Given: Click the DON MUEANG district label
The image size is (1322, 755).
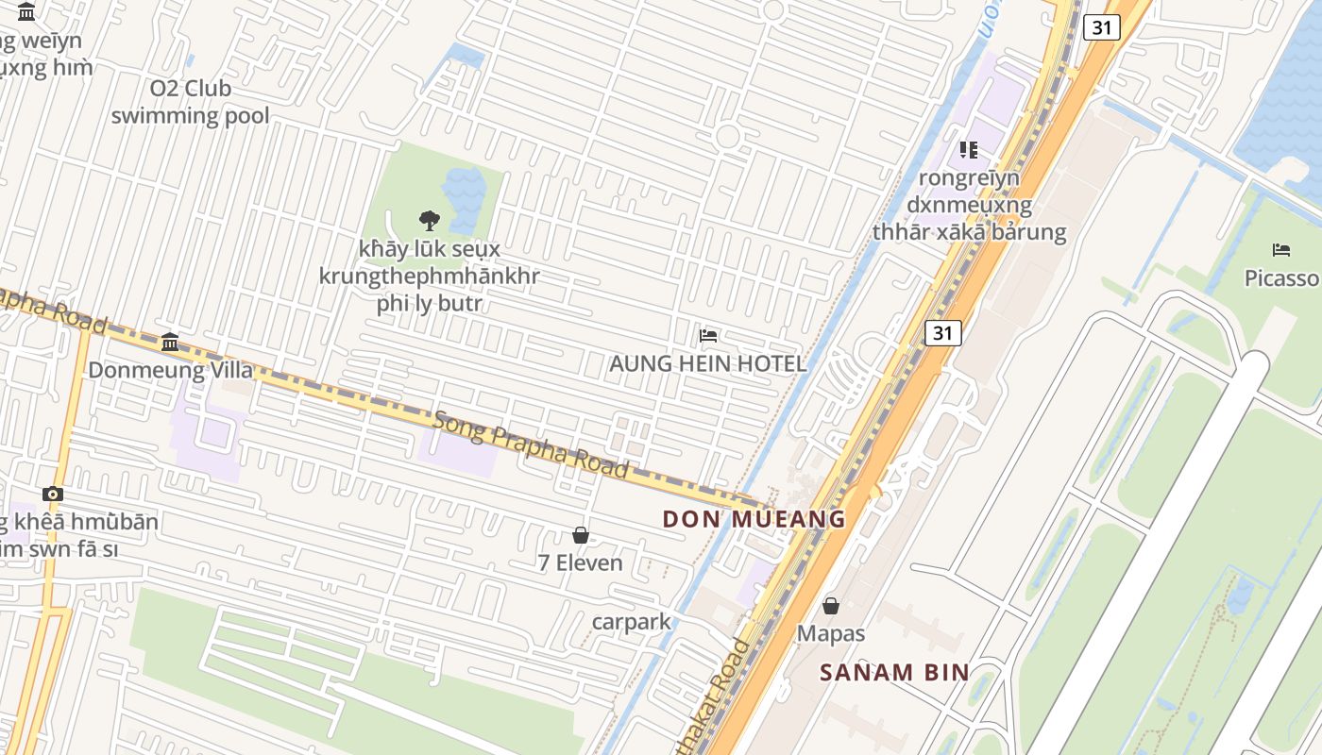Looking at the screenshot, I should pyautogui.click(x=754, y=519).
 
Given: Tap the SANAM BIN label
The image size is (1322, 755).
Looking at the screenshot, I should pyautogui.click(x=894, y=673).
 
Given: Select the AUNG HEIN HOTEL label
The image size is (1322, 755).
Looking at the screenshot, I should pyautogui.click(x=707, y=363).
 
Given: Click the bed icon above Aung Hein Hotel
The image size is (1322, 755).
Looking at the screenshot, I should pyautogui.click(x=708, y=335).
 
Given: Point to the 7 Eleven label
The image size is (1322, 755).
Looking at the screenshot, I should pyautogui.click(x=580, y=563).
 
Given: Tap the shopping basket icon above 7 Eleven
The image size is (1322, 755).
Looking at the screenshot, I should pyautogui.click(x=581, y=535).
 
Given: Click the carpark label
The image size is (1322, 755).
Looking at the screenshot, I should pyautogui.click(x=631, y=622).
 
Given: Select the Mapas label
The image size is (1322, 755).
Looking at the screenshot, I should pyautogui.click(x=831, y=633).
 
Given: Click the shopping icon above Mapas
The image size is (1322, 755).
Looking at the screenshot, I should pyautogui.click(x=831, y=605).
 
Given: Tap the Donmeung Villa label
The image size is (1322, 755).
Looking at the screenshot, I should pyautogui.click(x=159, y=370).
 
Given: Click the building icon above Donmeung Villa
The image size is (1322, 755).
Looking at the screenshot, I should pyautogui.click(x=170, y=341).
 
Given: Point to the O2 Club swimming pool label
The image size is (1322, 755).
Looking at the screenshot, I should pyautogui.click(x=190, y=102).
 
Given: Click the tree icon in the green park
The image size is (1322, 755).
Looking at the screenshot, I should pyautogui.click(x=430, y=221).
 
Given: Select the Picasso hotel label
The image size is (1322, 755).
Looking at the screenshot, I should pyautogui.click(x=1281, y=278).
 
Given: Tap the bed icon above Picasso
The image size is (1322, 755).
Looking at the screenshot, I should pyautogui.click(x=1281, y=250).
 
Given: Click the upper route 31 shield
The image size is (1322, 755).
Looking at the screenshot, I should pyautogui.click(x=1102, y=27).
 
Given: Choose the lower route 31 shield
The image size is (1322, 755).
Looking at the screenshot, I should pyautogui.click(x=942, y=332).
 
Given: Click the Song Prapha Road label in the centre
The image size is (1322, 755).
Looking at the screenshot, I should pyautogui.click(x=531, y=444).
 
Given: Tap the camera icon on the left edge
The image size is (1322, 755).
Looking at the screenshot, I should pyautogui.click(x=53, y=494).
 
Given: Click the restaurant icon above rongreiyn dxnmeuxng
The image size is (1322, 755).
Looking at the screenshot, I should pyautogui.click(x=969, y=149).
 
